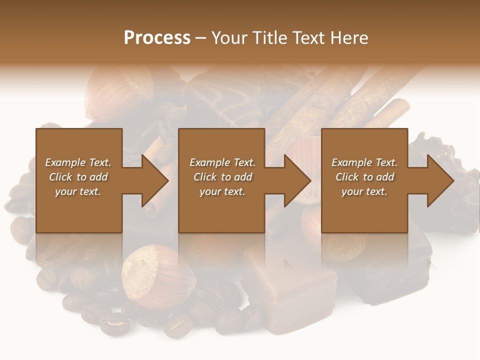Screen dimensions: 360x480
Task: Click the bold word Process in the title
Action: pyautogui.click(x=157, y=38)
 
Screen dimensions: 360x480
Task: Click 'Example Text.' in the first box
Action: pyautogui.click(x=78, y=162)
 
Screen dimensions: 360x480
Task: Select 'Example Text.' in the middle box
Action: pyautogui.click(x=222, y=162)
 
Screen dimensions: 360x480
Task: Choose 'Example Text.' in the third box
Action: pyautogui.click(x=364, y=162)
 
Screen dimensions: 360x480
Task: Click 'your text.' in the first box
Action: pyautogui.click(x=78, y=191)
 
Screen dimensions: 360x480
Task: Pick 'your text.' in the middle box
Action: pyautogui.click(x=222, y=191)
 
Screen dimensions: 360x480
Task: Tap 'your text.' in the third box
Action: pyautogui.click(x=364, y=191)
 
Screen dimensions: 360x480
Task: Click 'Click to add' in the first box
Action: pyautogui.click(x=78, y=177)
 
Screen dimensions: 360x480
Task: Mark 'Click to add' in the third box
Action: pyautogui.click(x=364, y=177)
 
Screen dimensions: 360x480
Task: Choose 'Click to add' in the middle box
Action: pyautogui.click(x=222, y=177)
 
